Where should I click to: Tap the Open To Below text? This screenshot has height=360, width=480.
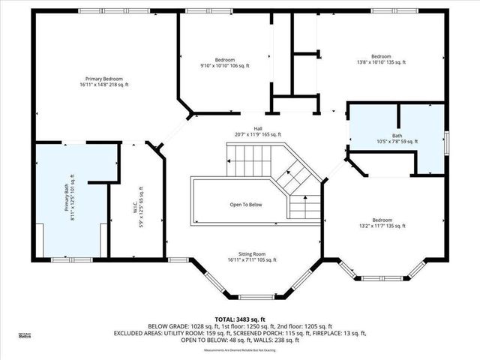[x=245, y=204]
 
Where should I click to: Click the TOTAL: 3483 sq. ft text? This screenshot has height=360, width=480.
[x=240, y=318]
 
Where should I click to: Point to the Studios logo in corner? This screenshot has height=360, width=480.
[x=25, y=336]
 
